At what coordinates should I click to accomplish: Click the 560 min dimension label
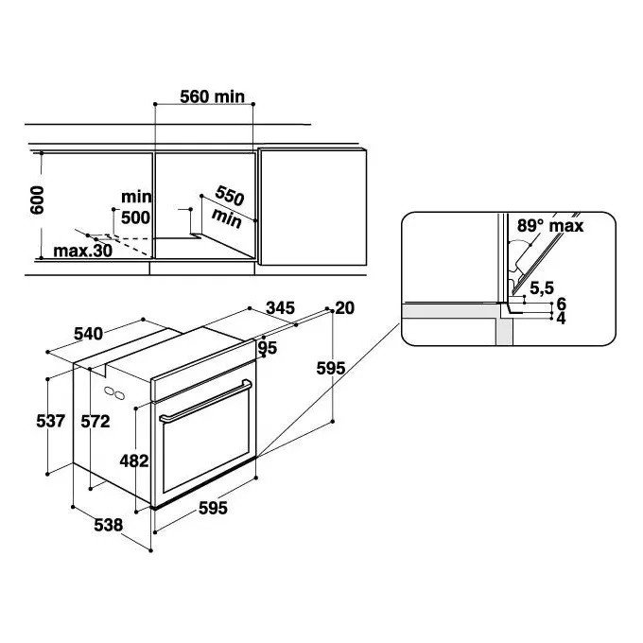tap(213, 96)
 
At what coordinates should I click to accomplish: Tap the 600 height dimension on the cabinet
tap(37, 200)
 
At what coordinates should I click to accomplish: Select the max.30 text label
tap(82, 251)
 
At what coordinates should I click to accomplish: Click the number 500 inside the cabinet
tap(135, 217)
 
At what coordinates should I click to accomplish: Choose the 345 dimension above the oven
tap(280, 307)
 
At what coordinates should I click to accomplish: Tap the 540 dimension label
tap(88, 334)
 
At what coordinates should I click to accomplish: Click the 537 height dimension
tap(51, 421)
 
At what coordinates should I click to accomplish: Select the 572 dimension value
tap(96, 421)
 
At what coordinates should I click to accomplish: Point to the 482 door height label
tap(134, 461)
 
